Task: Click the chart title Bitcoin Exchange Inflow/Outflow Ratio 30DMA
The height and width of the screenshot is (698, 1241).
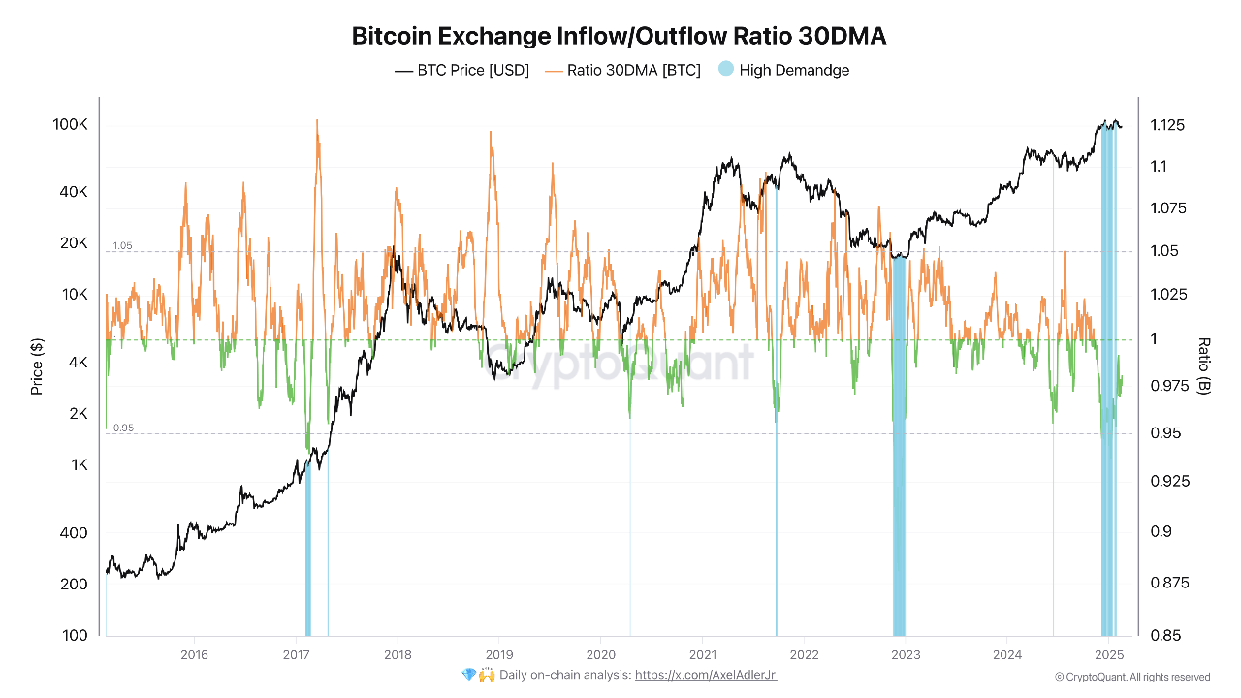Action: [619, 37]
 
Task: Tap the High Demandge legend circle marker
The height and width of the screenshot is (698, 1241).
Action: [726, 69]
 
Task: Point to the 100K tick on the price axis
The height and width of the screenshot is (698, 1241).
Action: [71, 125]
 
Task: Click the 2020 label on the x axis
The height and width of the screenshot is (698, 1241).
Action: [601, 655]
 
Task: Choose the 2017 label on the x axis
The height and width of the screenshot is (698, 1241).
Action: [296, 655]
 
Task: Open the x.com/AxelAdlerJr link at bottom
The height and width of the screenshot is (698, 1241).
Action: [706, 675]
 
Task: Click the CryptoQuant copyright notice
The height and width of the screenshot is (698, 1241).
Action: [1131, 677]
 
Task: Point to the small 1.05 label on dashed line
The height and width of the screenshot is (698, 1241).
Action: [122, 246]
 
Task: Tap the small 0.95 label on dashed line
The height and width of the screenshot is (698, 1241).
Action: [122, 428]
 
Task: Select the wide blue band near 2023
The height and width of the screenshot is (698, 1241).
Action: [899, 446]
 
